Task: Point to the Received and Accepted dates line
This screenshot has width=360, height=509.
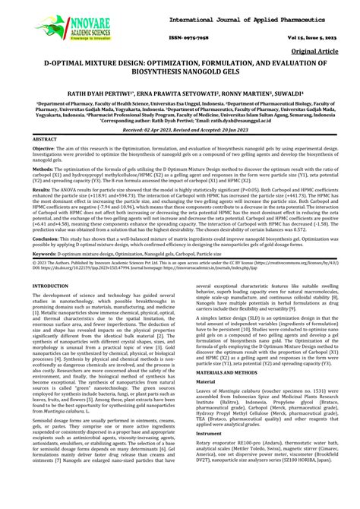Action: tap(180, 141)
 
